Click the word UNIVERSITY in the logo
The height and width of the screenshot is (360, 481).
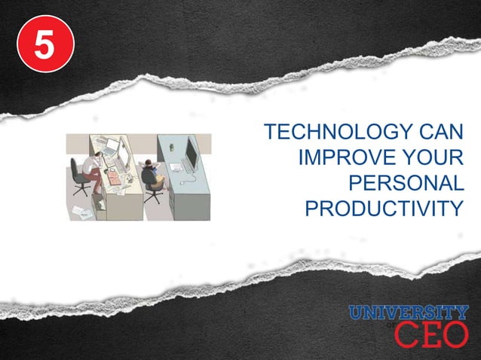[x=408, y=313]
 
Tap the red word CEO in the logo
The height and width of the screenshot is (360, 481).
[x=430, y=334]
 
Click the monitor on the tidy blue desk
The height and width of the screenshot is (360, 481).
[x=191, y=155]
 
